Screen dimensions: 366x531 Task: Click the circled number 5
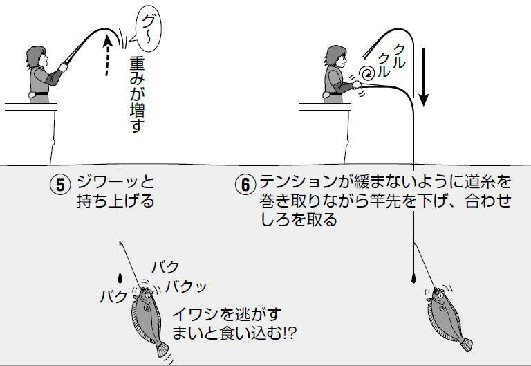(x=60, y=185)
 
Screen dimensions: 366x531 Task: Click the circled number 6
(x=245, y=185)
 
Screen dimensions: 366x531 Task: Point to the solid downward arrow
(x=423, y=76)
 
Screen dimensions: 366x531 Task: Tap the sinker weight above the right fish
(x=413, y=278)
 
